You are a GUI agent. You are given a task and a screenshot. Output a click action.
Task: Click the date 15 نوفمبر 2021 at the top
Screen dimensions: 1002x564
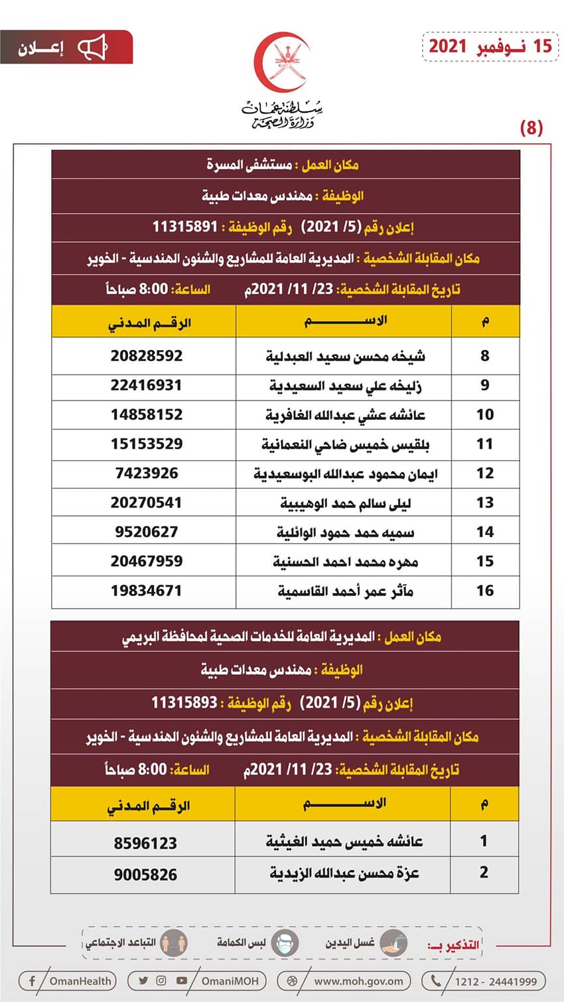(490, 46)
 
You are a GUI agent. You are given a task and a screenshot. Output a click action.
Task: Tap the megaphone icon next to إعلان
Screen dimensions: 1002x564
(92, 48)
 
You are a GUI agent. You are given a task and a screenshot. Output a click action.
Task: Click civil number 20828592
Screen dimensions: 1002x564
(147, 355)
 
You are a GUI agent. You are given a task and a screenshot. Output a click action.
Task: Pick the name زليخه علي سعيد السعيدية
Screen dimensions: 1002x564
(345, 385)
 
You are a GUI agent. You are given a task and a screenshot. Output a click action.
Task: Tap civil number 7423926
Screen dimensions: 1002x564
(147, 473)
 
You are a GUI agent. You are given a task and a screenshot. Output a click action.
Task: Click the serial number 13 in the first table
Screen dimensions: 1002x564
(485, 503)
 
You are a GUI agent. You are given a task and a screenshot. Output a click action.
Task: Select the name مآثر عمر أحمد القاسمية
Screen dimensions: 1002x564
(345, 591)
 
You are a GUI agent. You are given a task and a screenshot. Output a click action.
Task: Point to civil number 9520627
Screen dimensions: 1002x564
(147, 532)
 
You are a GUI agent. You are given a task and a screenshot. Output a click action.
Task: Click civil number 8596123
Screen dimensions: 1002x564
(145, 843)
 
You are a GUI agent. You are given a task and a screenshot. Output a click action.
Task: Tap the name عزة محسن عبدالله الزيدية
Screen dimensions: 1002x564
(344, 873)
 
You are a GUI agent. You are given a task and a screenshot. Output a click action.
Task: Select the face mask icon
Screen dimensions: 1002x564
(285, 943)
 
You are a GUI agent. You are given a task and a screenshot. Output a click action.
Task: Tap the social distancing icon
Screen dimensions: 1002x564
(174, 943)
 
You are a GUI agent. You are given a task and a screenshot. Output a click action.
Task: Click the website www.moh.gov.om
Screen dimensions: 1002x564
(358, 981)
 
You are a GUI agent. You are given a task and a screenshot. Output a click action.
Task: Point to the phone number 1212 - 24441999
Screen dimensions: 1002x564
(495, 981)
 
